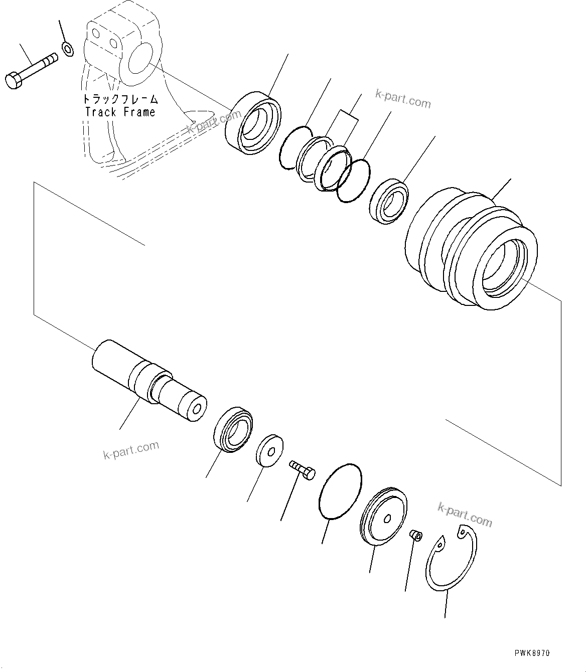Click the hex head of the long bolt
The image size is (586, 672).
pos(13,81)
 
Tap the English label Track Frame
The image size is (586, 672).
pos(120,112)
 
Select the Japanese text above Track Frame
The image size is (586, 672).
pos(120,99)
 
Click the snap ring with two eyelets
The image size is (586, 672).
pos(451,562)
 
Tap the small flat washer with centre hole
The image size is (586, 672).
pos(269,449)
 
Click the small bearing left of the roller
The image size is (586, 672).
pos(389,201)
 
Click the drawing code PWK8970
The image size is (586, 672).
pos(532,653)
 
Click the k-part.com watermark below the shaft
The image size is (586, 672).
pos(131,449)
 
